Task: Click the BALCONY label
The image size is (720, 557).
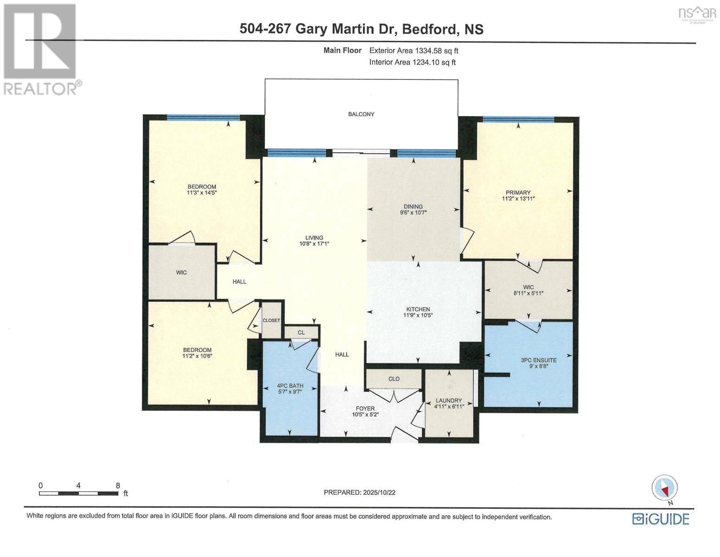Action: point(361,114)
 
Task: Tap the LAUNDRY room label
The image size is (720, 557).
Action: point(448,401)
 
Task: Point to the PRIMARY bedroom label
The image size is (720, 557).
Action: point(518,193)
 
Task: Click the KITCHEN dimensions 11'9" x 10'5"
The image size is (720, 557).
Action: point(418,316)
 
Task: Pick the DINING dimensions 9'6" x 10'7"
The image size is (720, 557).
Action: point(413,213)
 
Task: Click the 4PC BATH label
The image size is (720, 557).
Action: point(290,386)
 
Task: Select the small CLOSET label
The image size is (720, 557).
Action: point(271,321)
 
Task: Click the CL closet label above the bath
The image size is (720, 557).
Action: point(301,332)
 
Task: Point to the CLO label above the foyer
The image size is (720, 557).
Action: point(394,379)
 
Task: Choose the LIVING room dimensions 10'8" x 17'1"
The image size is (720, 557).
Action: point(314,244)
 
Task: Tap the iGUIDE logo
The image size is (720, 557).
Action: point(661,518)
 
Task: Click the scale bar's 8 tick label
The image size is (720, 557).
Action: point(118,486)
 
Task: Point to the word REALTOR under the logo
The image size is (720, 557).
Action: point(40,89)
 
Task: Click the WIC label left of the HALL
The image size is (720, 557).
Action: point(181,272)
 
